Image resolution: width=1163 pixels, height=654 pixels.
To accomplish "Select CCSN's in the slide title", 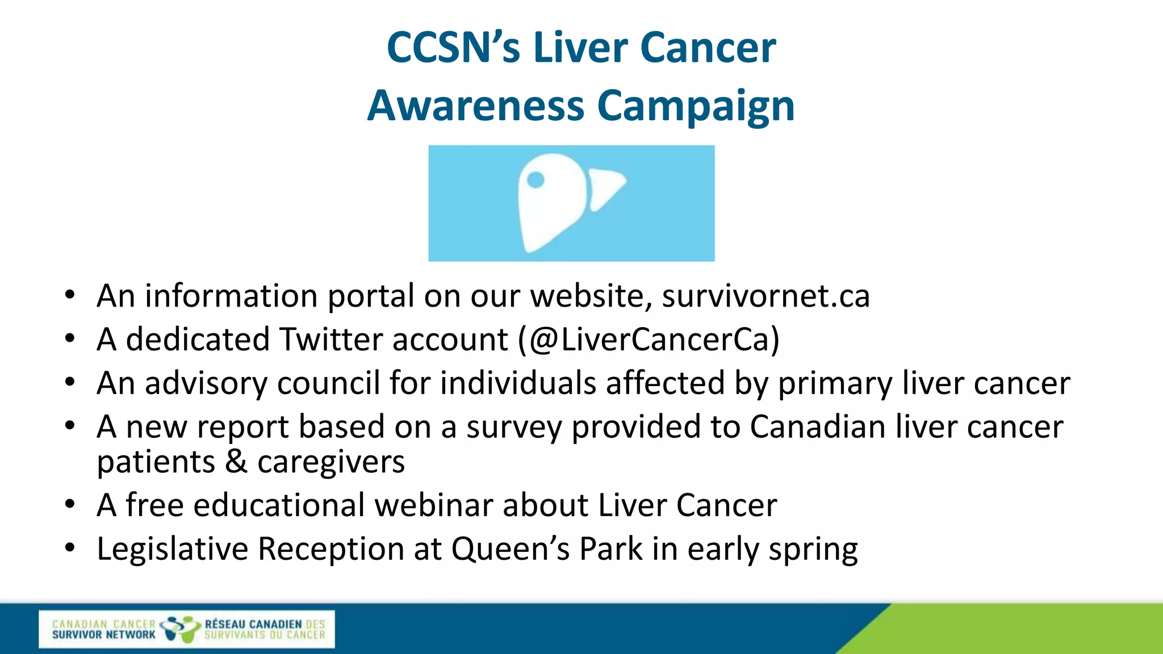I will pyautogui.click(x=453, y=48).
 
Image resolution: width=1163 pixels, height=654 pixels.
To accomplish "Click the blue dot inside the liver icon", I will pyautogui.click(x=536, y=180).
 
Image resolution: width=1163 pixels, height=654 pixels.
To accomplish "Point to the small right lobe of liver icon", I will pyautogui.click(x=605, y=187).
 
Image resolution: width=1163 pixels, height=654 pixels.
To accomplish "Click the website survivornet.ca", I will pyautogui.click(x=765, y=296).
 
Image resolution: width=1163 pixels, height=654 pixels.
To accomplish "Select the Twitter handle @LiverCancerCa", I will pyautogui.click(x=649, y=340).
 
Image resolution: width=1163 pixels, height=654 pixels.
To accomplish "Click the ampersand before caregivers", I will pyautogui.click(x=236, y=462).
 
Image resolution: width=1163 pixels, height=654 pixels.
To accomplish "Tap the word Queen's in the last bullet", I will pyautogui.click(x=510, y=549).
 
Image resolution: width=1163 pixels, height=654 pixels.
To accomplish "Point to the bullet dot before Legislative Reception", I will pyautogui.click(x=70, y=548).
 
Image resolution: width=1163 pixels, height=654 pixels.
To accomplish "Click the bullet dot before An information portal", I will pyautogui.click(x=70, y=295).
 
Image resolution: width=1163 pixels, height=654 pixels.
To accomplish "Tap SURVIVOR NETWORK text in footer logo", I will pyautogui.click(x=103, y=635).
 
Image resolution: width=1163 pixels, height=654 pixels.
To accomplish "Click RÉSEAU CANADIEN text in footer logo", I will pyautogui.click(x=253, y=624).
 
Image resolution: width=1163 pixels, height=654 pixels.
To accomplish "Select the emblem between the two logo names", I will pyautogui.click(x=180, y=629).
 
